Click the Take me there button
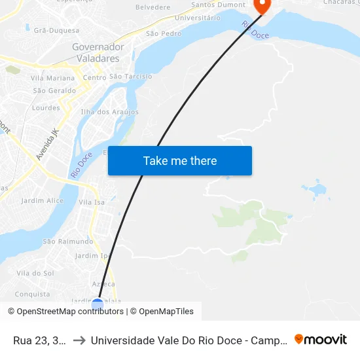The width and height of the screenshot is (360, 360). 180,161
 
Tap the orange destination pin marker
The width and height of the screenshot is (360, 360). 262,5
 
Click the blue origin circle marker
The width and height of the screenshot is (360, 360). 98,304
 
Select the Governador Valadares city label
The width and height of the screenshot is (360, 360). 98,52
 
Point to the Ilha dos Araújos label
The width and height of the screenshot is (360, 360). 109,112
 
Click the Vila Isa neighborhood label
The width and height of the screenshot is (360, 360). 92,202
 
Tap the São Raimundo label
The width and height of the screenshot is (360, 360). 63,241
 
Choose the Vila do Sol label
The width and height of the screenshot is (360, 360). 35,273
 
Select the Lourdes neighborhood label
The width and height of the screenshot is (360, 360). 46,108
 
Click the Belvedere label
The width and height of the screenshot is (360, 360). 153,7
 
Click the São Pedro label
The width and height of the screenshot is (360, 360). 164,33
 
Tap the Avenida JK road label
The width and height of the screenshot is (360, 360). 47,144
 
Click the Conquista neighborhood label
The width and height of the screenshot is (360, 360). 32,295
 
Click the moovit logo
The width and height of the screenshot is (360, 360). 321,340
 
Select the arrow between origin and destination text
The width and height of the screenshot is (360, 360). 79,340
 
